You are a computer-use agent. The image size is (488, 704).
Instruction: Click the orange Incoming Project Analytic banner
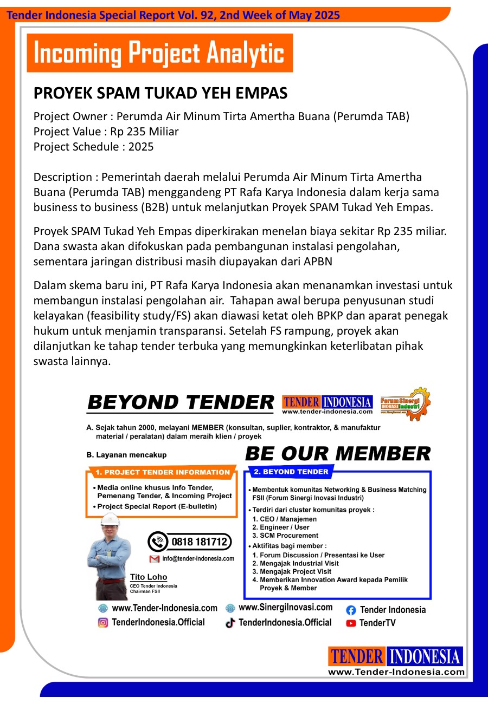(x=159, y=53)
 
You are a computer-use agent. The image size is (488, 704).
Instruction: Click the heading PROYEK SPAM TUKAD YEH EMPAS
(x=160, y=93)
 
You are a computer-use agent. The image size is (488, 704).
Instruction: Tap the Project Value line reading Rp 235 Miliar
(x=106, y=131)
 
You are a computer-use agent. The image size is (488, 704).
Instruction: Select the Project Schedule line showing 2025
(x=93, y=146)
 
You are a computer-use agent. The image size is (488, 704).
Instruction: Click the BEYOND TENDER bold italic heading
(x=181, y=402)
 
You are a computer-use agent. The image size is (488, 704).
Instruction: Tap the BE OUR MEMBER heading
(x=338, y=453)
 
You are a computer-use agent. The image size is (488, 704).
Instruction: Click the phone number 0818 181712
(x=198, y=541)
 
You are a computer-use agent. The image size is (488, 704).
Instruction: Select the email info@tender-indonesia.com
(x=198, y=558)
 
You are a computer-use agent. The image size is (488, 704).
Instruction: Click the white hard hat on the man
(x=110, y=518)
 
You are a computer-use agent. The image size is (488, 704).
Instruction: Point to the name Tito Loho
(x=149, y=577)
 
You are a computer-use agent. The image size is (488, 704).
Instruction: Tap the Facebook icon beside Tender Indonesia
(x=351, y=610)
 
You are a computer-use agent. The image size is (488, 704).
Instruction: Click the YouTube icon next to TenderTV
(x=351, y=623)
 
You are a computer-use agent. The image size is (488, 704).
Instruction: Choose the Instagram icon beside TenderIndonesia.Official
(x=102, y=623)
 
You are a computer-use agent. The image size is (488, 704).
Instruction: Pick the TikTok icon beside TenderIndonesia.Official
(x=230, y=623)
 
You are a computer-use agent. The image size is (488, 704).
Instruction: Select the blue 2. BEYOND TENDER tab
(x=291, y=472)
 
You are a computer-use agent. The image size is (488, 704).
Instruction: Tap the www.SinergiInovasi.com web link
(x=285, y=608)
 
